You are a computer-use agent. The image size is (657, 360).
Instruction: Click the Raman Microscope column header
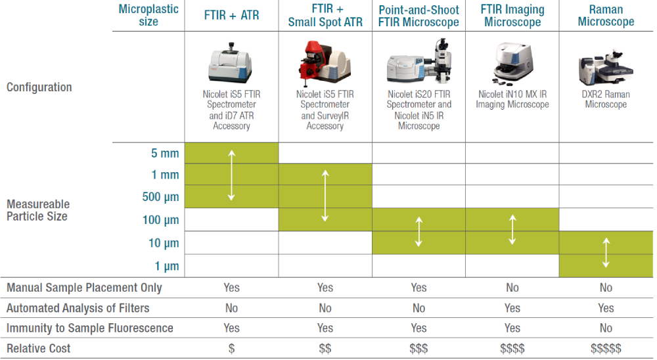(606, 16)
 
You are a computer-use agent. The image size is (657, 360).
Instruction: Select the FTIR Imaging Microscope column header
(512, 16)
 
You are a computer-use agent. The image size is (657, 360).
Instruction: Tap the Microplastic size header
(148, 15)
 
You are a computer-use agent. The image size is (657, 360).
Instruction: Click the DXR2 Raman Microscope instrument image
(606, 67)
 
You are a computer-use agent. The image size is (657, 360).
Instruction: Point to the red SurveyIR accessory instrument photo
(325, 63)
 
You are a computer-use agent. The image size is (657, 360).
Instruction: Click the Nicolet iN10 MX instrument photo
(512, 63)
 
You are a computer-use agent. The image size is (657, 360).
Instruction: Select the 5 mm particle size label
(165, 153)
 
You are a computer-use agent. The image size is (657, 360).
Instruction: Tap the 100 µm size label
(160, 220)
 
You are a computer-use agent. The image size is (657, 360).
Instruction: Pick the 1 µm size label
(167, 266)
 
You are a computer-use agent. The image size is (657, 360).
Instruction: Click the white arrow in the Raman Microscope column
(606, 253)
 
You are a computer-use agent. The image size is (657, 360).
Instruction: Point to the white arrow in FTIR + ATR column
(231, 175)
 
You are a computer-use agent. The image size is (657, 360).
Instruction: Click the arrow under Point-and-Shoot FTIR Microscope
(419, 231)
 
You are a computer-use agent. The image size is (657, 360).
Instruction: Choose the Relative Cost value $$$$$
(606, 348)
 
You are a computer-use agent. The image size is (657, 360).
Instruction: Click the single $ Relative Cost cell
(231, 348)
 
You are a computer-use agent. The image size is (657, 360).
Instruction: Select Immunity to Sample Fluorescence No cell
(606, 328)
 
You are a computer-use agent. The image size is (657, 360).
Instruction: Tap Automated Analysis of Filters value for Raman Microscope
(606, 308)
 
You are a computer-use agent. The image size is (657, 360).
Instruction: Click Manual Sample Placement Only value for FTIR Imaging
(512, 288)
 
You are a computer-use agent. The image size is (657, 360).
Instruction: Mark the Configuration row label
(39, 87)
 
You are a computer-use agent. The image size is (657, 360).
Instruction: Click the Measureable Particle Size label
(38, 210)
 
